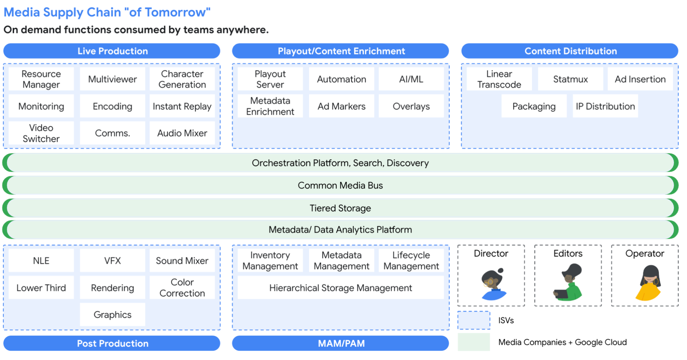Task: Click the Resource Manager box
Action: [41, 79]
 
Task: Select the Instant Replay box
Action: [182, 106]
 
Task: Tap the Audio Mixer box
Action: [182, 133]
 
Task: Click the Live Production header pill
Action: [112, 51]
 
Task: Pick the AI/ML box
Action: [411, 79]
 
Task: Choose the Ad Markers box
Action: [341, 106]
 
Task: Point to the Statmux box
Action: [570, 79]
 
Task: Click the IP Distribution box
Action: [605, 106]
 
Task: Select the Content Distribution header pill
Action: [570, 51]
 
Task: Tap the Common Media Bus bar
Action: [340, 186]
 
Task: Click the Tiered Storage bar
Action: [340, 208]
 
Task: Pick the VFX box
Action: [112, 261]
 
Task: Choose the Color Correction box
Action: [182, 288]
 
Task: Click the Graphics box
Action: [112, 315]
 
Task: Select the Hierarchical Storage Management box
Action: [340, 288]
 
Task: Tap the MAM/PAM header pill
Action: [341, 343]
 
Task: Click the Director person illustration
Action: [492, 284]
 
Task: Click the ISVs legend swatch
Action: [474, 321]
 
